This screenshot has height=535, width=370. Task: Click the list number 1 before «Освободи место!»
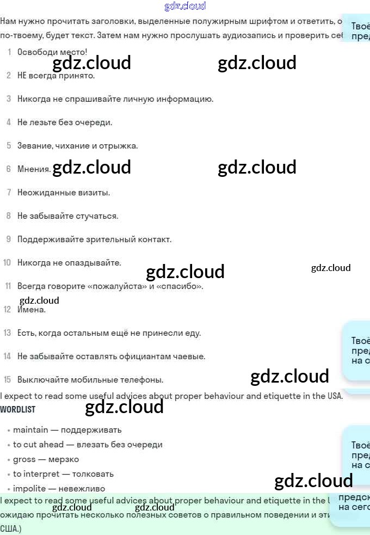point(9,52)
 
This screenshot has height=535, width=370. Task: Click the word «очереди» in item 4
point(97,122)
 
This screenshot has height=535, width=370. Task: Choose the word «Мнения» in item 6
point(34,169)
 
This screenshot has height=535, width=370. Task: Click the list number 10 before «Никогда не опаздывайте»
point(7,263)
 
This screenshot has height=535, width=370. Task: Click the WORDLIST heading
point(18,409)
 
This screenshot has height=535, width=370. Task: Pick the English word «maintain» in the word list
point(30,430)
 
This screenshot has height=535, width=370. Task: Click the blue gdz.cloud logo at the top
point(185,7)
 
